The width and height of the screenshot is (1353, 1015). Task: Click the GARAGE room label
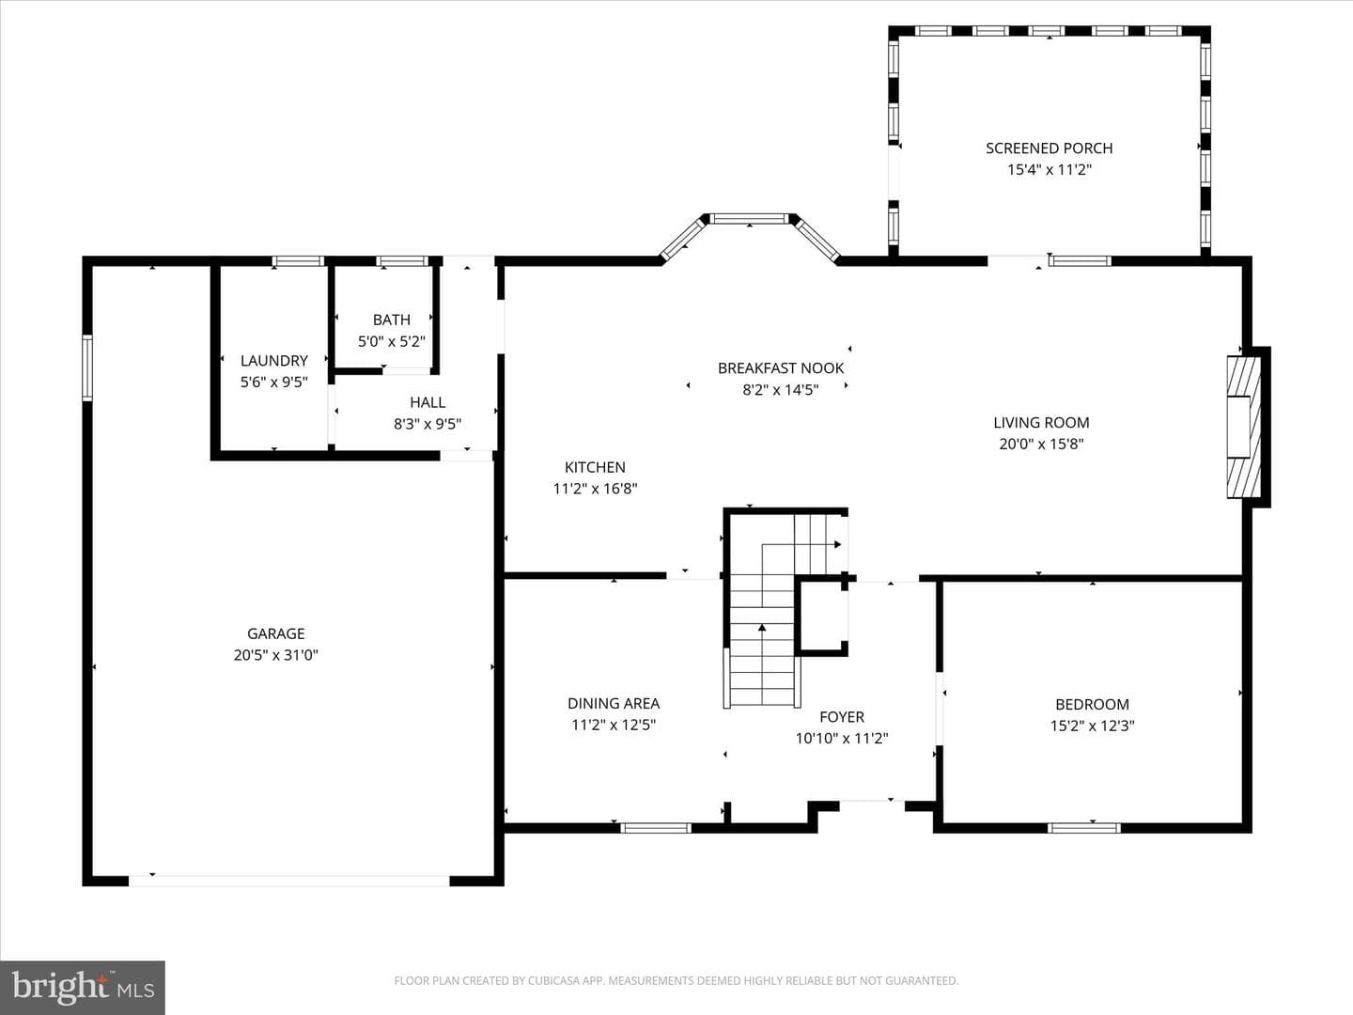point(275,633)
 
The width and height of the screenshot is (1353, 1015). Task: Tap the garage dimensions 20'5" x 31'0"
point(275,655)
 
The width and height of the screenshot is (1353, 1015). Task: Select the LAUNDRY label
point(273,361)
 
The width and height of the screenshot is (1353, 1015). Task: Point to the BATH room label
point(392,320)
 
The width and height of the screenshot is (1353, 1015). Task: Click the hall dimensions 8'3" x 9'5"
point(428,424)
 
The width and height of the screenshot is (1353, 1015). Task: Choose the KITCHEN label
point(595,467)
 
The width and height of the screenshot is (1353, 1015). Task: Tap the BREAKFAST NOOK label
point(781,367)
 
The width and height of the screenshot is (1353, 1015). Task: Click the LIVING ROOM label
point(1041,423)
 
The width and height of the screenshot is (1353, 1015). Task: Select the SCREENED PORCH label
point(1050,148)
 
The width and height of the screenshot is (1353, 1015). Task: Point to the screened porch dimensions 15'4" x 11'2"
point(1050,169)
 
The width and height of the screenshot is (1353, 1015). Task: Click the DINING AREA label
point(614,703)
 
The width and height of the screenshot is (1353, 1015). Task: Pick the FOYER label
point(841,717)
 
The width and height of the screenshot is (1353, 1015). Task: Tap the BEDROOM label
point(1092,705)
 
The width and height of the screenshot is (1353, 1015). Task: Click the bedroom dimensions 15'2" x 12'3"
point(1092,726)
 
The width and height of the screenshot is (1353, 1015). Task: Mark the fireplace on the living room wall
point(1243,427)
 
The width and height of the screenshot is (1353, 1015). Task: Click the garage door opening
point(289,881)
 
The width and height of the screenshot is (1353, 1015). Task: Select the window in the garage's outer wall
point(87,367)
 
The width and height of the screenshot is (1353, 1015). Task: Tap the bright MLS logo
point(83,987)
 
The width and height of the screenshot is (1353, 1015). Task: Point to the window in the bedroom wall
point(1084,828)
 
